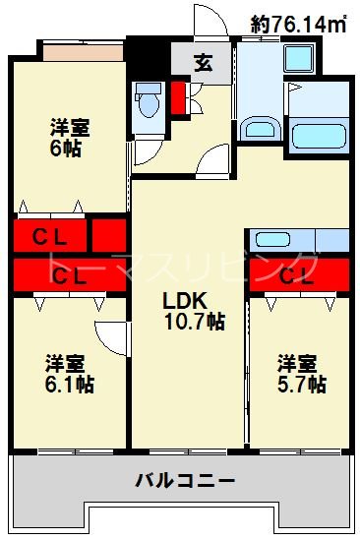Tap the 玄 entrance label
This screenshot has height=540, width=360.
[x=203, y=64]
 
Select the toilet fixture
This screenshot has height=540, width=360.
[x=150, y=100]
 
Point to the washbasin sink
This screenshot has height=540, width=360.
[x=259, y=128]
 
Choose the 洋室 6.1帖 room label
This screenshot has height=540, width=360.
[x=68, y=375]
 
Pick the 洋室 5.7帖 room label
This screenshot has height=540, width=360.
[x=300, y=375]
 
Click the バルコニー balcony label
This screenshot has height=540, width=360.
[x=185, y=481]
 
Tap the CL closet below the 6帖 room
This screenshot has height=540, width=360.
[x=49, y=236]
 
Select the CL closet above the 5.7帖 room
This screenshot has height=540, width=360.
[x=298, y=274]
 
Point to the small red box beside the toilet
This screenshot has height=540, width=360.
[x=179, y=97]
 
